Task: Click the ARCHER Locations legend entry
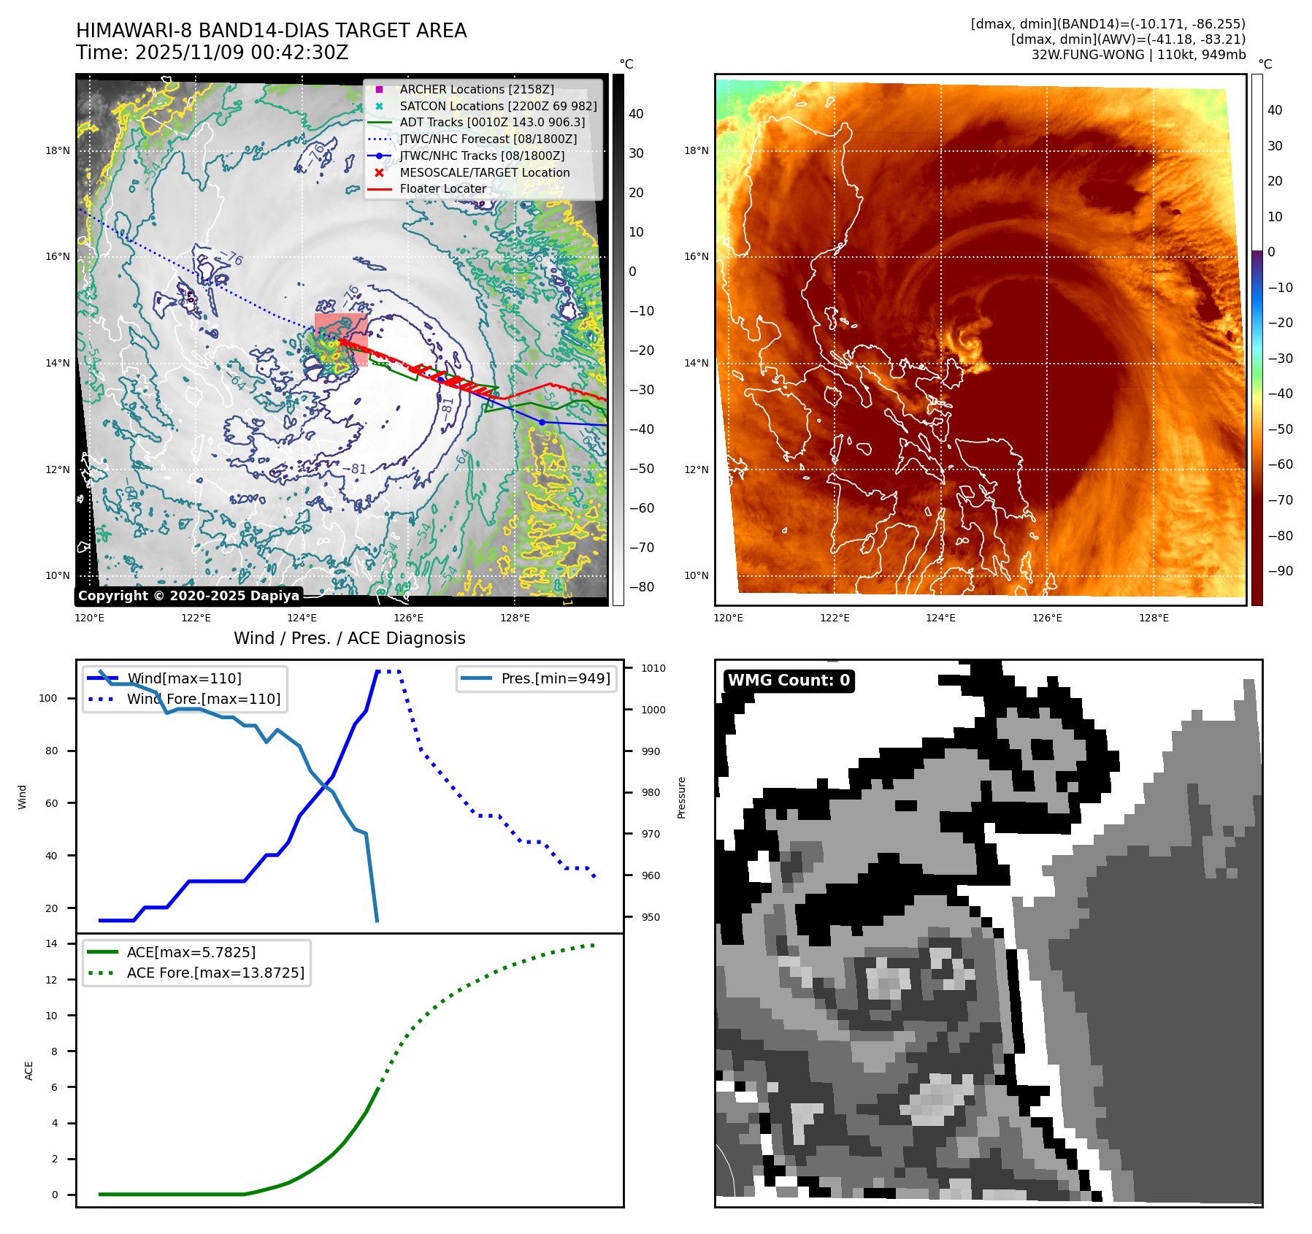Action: (x=476, y=89)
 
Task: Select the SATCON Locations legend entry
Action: (x=498, y=106)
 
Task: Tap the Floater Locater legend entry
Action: (x=442, y=189)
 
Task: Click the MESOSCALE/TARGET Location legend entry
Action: (x=484, y=172)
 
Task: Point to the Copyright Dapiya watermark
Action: (x=188, y=596)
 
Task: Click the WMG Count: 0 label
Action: (x=789, y=681)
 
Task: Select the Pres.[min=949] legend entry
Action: (x=555, y=678)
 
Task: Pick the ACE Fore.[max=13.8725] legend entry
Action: (x=215, y=973)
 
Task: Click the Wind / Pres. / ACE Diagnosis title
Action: (x=349, y=638)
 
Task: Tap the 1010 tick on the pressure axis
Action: (x=653, y=668)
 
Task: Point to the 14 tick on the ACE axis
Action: (x=52, y=943)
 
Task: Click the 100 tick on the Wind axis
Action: (x=48, y=698)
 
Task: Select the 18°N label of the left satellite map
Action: (x=58, y=151)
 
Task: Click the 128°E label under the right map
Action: (x=1154, y=618)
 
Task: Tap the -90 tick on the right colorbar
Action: (x=1280, y=571)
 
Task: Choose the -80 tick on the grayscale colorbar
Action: (x=642, y=587)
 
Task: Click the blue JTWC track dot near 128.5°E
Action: (x=542, y=422)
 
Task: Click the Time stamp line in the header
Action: (x=212, y=53)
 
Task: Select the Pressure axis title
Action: (x=681, y=797)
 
